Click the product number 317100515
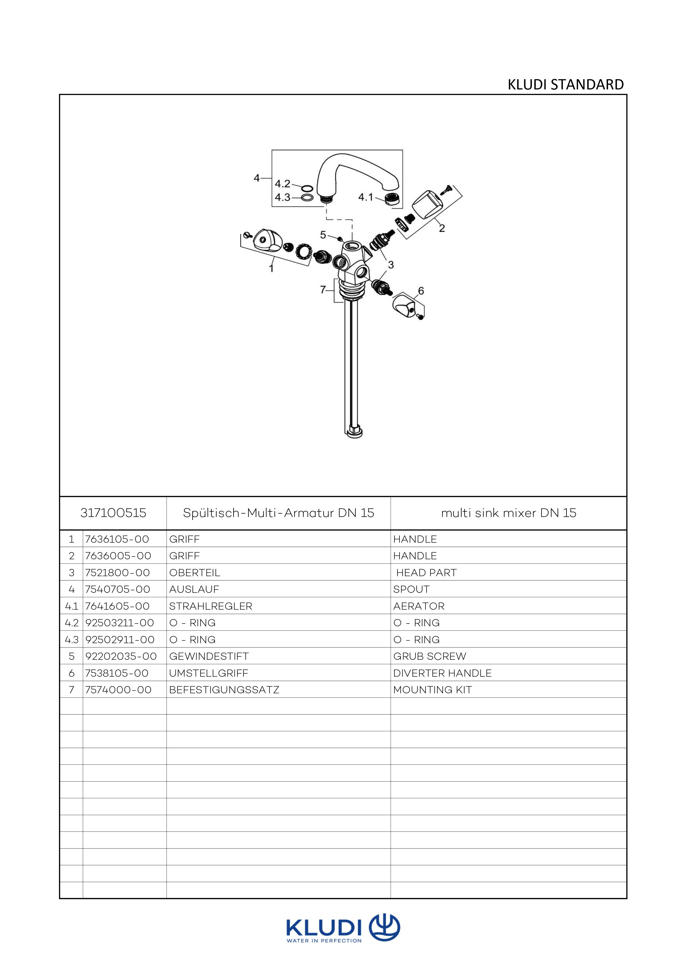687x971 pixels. point(113,513)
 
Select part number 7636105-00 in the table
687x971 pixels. point(117,539)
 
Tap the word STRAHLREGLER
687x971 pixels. point(210,606)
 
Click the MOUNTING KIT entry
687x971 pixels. point(432,690)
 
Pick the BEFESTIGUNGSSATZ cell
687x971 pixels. point(224,690)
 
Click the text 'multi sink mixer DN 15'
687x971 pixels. point(509,513)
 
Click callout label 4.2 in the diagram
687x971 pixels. point(282,184)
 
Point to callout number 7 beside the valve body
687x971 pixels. point(323,290)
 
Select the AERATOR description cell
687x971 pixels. point(419,606)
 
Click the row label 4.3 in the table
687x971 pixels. point(71,639)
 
